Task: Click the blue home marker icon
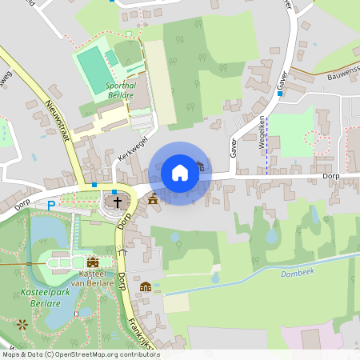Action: (180, 173)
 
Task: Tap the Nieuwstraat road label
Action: (61, 120)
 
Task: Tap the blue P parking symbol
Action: (51, 205)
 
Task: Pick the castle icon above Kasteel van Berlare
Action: (93, 261)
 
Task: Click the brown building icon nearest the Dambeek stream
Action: (146, 286)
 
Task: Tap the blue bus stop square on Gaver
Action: (279, 93)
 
